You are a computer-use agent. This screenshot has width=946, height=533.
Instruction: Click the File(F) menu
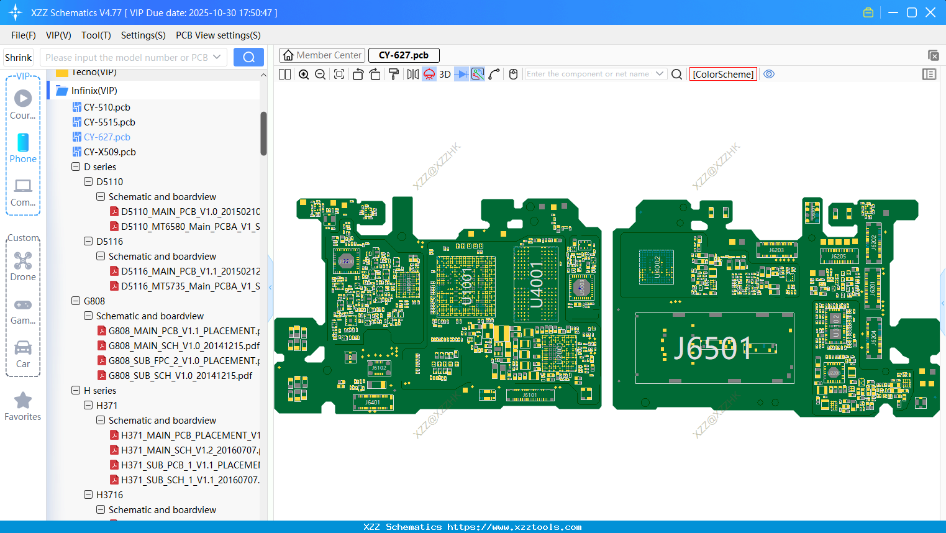pos(23,35)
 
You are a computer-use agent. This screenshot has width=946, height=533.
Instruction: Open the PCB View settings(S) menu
pos(218,35)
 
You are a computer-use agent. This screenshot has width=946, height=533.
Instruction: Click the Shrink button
pos(18,58)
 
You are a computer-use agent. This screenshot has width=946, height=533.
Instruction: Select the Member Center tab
pos(322,55)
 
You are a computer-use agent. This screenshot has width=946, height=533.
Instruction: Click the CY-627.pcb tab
pos(404,55)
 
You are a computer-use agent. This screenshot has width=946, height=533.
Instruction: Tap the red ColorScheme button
pos(723,75)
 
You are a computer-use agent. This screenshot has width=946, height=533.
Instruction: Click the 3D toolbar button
pos(445,75)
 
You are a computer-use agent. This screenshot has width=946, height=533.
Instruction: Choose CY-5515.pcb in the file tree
pos(109,122)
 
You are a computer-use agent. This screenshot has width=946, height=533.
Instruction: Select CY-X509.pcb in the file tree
pos(109,152)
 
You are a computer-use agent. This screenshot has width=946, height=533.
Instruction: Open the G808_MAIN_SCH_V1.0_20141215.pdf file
pos(184,346)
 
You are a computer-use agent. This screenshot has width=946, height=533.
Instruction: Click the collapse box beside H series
pos(76,391)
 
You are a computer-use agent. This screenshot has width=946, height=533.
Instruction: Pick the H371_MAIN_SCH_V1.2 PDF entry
pos(190,450)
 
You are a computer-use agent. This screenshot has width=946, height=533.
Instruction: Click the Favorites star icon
pos(23,401)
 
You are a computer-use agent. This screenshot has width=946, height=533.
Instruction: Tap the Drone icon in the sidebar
pos(23,262)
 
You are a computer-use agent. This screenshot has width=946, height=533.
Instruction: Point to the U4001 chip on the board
pos(536,284)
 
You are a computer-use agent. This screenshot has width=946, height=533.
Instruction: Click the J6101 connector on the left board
pos(530,395)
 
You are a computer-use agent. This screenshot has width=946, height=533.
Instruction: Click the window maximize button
pos(912,12)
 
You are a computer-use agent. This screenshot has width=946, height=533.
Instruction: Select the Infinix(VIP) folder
pos(94,91)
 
